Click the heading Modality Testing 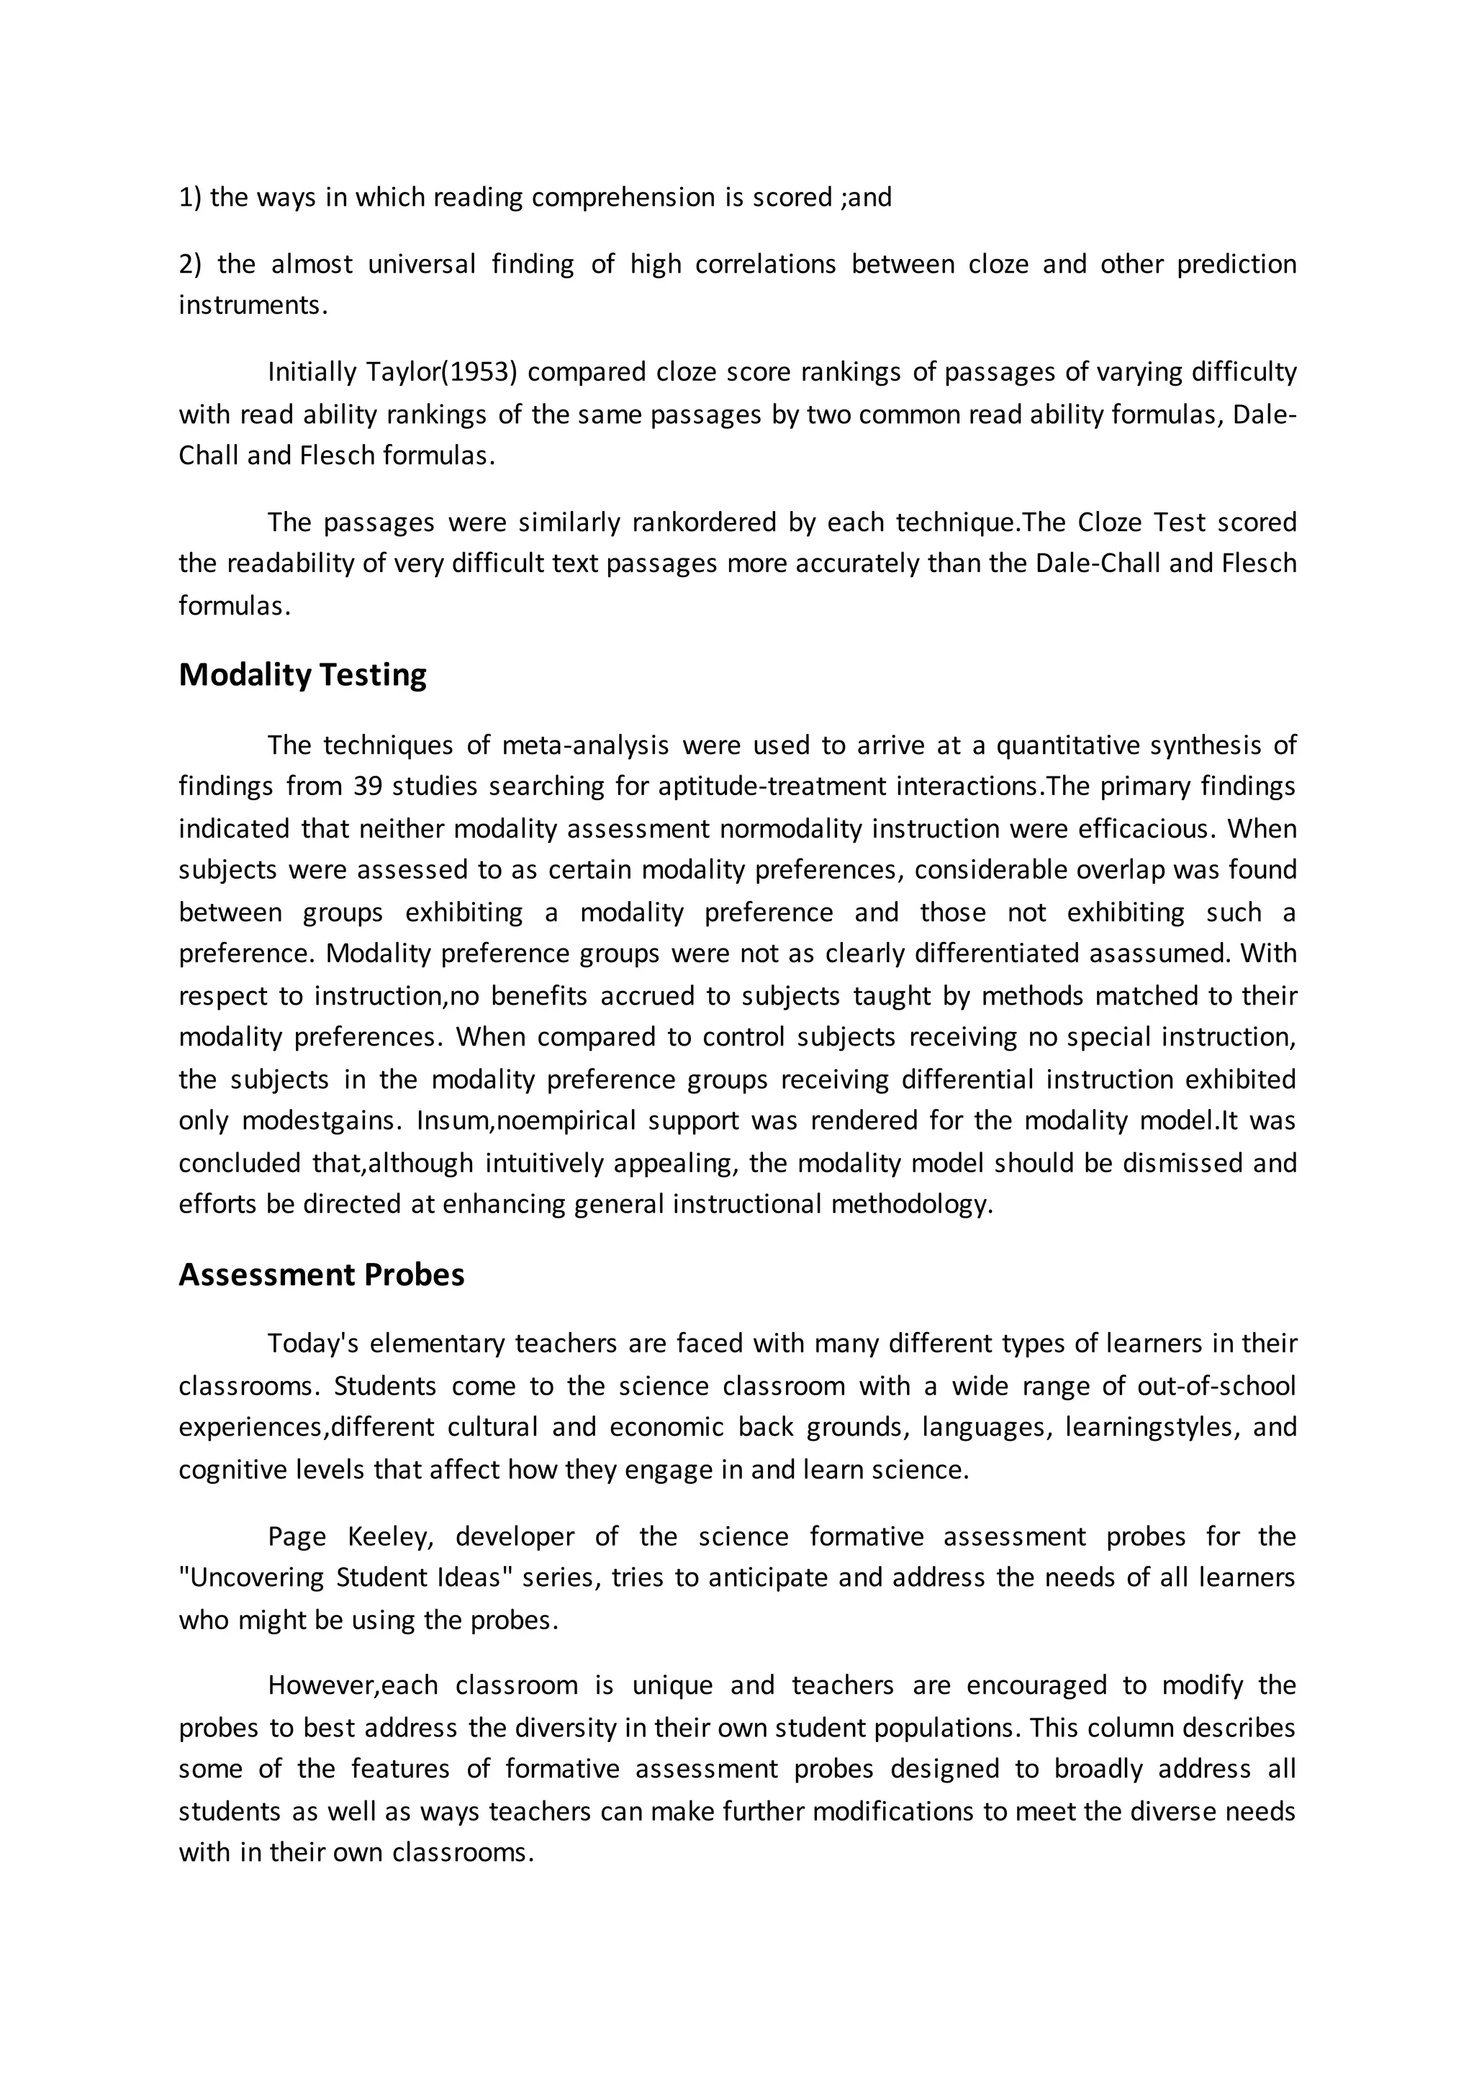[x=302, y=675]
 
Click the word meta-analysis [x=584, y=746]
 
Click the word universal [x=421, y=264]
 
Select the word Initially [x=312, y=372]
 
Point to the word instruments [x=251, y=305]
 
